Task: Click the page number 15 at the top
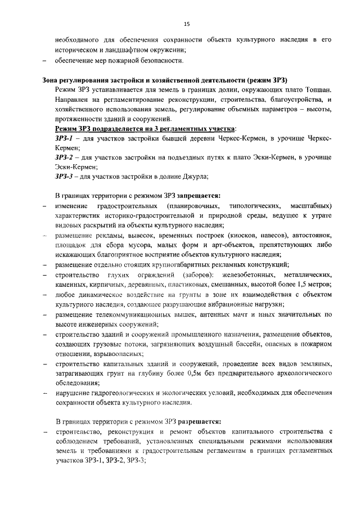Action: [x=187, y=24]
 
